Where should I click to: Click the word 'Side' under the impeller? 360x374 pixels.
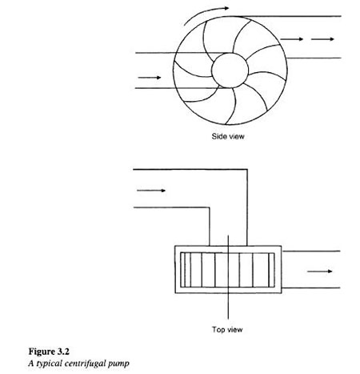(218, 136)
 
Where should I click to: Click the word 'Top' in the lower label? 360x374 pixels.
(218, 330)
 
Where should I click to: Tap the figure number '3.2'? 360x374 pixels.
(63, 352)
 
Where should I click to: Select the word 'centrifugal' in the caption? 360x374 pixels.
(85, 364)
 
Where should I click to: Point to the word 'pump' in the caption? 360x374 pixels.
(118, 364)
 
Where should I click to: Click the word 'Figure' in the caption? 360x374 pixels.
(42, 352)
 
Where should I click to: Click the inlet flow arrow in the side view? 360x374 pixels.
(150, 78)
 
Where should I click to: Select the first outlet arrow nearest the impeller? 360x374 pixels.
(291, 39)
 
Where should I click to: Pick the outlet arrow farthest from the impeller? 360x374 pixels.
(322, 39)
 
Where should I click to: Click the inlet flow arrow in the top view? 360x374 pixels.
(151, 191)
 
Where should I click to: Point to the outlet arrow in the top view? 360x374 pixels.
(320, 271)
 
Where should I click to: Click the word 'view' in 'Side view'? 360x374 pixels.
(235, 136)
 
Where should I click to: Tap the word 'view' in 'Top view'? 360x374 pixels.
(234, 330)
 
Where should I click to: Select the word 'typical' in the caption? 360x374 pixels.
(50, 364)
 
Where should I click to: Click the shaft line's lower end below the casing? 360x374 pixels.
(228, 319)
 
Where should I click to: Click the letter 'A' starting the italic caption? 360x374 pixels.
(31, 364)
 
